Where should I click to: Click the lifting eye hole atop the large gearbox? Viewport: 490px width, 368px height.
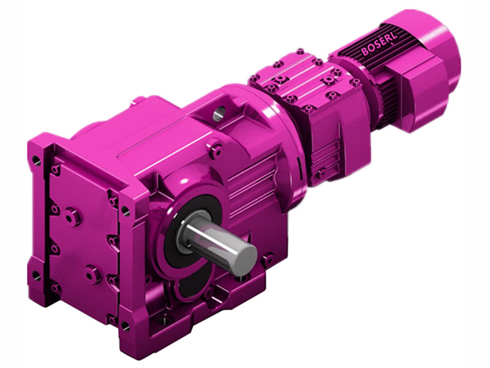click(219, 112)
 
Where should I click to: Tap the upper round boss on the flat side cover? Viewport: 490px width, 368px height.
click(72, 216)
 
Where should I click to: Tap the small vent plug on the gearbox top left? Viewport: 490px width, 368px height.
click(140, 99)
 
